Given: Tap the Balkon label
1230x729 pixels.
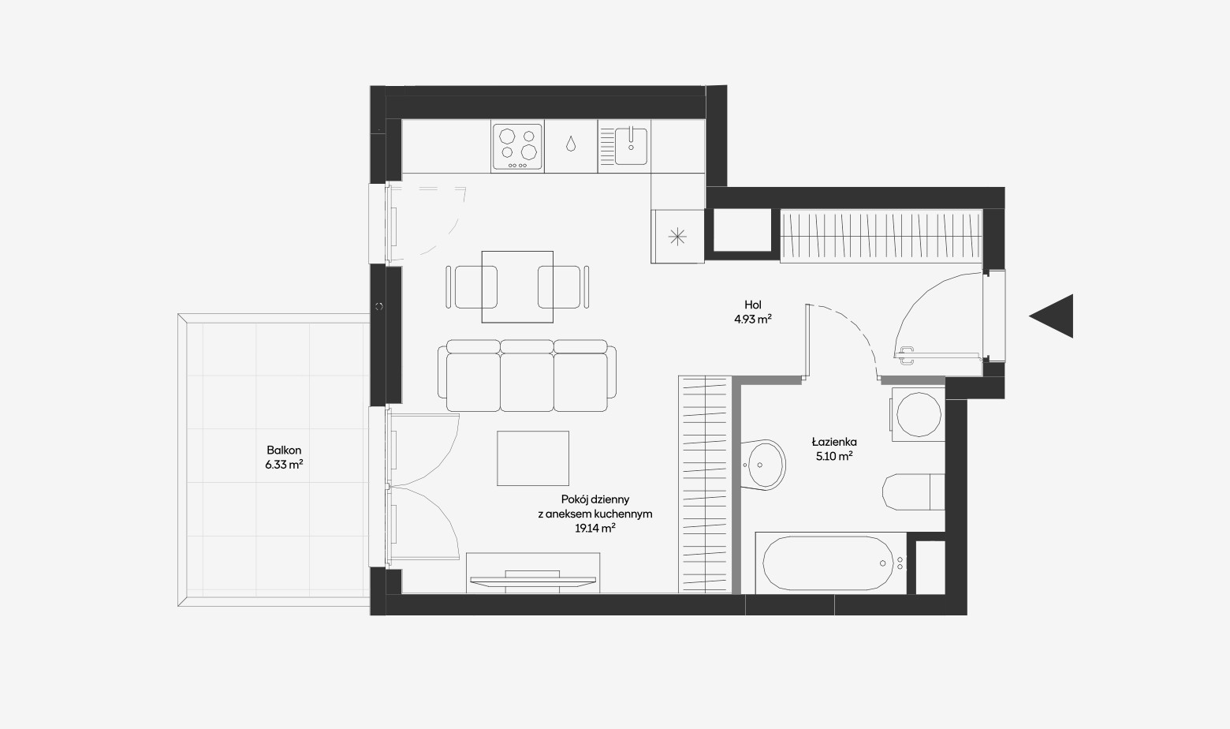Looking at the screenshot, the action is click(x=284, y=450).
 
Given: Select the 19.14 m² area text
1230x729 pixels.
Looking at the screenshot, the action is click(x=594, y=529).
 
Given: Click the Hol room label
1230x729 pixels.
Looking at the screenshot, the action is click(x=753, y=305).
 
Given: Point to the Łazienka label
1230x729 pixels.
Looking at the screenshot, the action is click(x=834, y=442).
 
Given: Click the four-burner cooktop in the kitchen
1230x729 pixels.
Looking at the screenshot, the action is click(x=517, y=147).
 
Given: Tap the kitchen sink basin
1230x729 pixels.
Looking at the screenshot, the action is click(x=631, y=146).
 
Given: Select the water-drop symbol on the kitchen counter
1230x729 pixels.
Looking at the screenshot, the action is click(x=571, y=144).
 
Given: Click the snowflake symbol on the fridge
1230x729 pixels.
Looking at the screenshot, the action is click(x=677, y=237).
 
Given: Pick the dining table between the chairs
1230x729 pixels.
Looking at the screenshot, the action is click(x=517, y=286).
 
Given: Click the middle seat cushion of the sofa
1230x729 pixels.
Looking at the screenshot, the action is click(x=527, y=382).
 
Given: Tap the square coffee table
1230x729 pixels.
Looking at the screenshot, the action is click(x=533, y=458).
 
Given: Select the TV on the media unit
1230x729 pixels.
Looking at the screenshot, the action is click(x=533, y=580).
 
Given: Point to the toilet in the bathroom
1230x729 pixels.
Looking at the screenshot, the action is click(x=913, y=492).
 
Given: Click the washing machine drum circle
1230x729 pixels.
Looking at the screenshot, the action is click(x=918, y=414).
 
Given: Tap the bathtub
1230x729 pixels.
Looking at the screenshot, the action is click(x=831, y=563).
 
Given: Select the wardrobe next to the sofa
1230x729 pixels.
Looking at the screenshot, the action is click(x=705, y=484).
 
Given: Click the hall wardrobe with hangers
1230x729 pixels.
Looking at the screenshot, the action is click(x=881, y=236).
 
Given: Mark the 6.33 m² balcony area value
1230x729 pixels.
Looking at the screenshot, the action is click(x=284, y=465).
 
